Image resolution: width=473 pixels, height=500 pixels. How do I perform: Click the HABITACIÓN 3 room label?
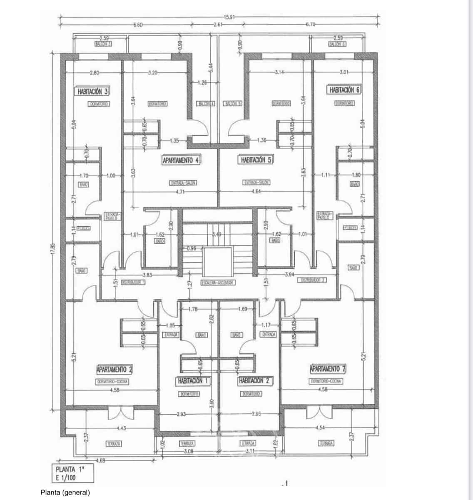click(x=93, y=91)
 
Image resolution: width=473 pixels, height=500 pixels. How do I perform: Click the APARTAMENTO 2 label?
click(x=115, y=369)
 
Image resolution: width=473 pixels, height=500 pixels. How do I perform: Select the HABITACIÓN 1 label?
click(x=192, y=381)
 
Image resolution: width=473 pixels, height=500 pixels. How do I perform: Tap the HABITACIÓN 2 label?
click(x=256, y=381)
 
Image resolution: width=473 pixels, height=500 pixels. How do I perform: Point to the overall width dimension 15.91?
click(x=229, y=17)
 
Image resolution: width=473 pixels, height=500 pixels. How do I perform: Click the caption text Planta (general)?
click(x=65, y=492)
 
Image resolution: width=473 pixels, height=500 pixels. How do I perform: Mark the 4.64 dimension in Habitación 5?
click(x=257, y=192)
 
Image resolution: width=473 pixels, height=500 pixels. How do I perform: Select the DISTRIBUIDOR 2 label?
click(x=313, y=280)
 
